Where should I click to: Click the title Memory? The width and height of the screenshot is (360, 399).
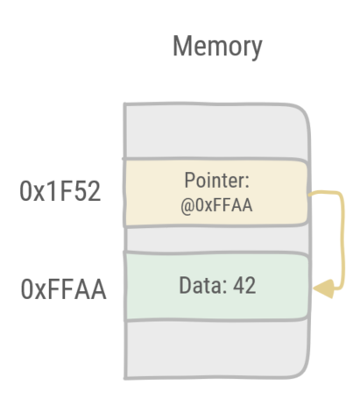[x=216, y=46]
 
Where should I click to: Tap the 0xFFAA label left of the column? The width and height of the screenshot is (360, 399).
[x=62, y=287]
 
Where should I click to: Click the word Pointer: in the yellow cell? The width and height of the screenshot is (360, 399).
[x=216, y=180]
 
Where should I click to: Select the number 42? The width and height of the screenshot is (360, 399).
[x=243, y=286]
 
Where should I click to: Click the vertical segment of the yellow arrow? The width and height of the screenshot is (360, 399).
[x=335, y=237]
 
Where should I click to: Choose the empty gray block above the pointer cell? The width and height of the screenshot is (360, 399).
[x=215, y=132]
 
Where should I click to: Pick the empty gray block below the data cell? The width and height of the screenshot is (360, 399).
[x=215, y=349]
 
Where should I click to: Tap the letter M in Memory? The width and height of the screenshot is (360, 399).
[x=181, y=46]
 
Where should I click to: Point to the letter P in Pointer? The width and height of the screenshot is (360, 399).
[x=188, y=180]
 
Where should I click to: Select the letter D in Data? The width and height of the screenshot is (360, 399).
[x=184, y=286]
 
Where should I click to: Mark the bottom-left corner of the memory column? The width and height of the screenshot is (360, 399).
[x=127, y=376]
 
